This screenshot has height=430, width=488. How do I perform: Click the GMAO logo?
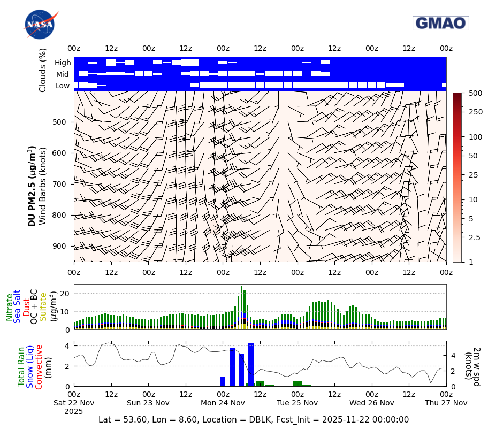(440, 23)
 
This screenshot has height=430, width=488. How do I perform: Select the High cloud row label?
(63, 63)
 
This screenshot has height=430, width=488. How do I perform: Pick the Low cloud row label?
(63, 86)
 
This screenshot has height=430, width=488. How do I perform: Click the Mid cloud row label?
(63, 74)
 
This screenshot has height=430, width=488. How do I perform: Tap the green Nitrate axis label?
(10, 307)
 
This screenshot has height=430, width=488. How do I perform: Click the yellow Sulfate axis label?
(43, 307)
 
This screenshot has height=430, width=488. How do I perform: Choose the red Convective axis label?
(39, 366)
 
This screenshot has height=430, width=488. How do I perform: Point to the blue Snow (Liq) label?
(30, 366)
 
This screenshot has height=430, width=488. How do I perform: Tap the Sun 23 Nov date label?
(149, 403)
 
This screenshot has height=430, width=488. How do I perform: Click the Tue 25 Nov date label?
(298, 403)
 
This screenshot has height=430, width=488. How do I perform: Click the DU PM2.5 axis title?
(32, 186)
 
